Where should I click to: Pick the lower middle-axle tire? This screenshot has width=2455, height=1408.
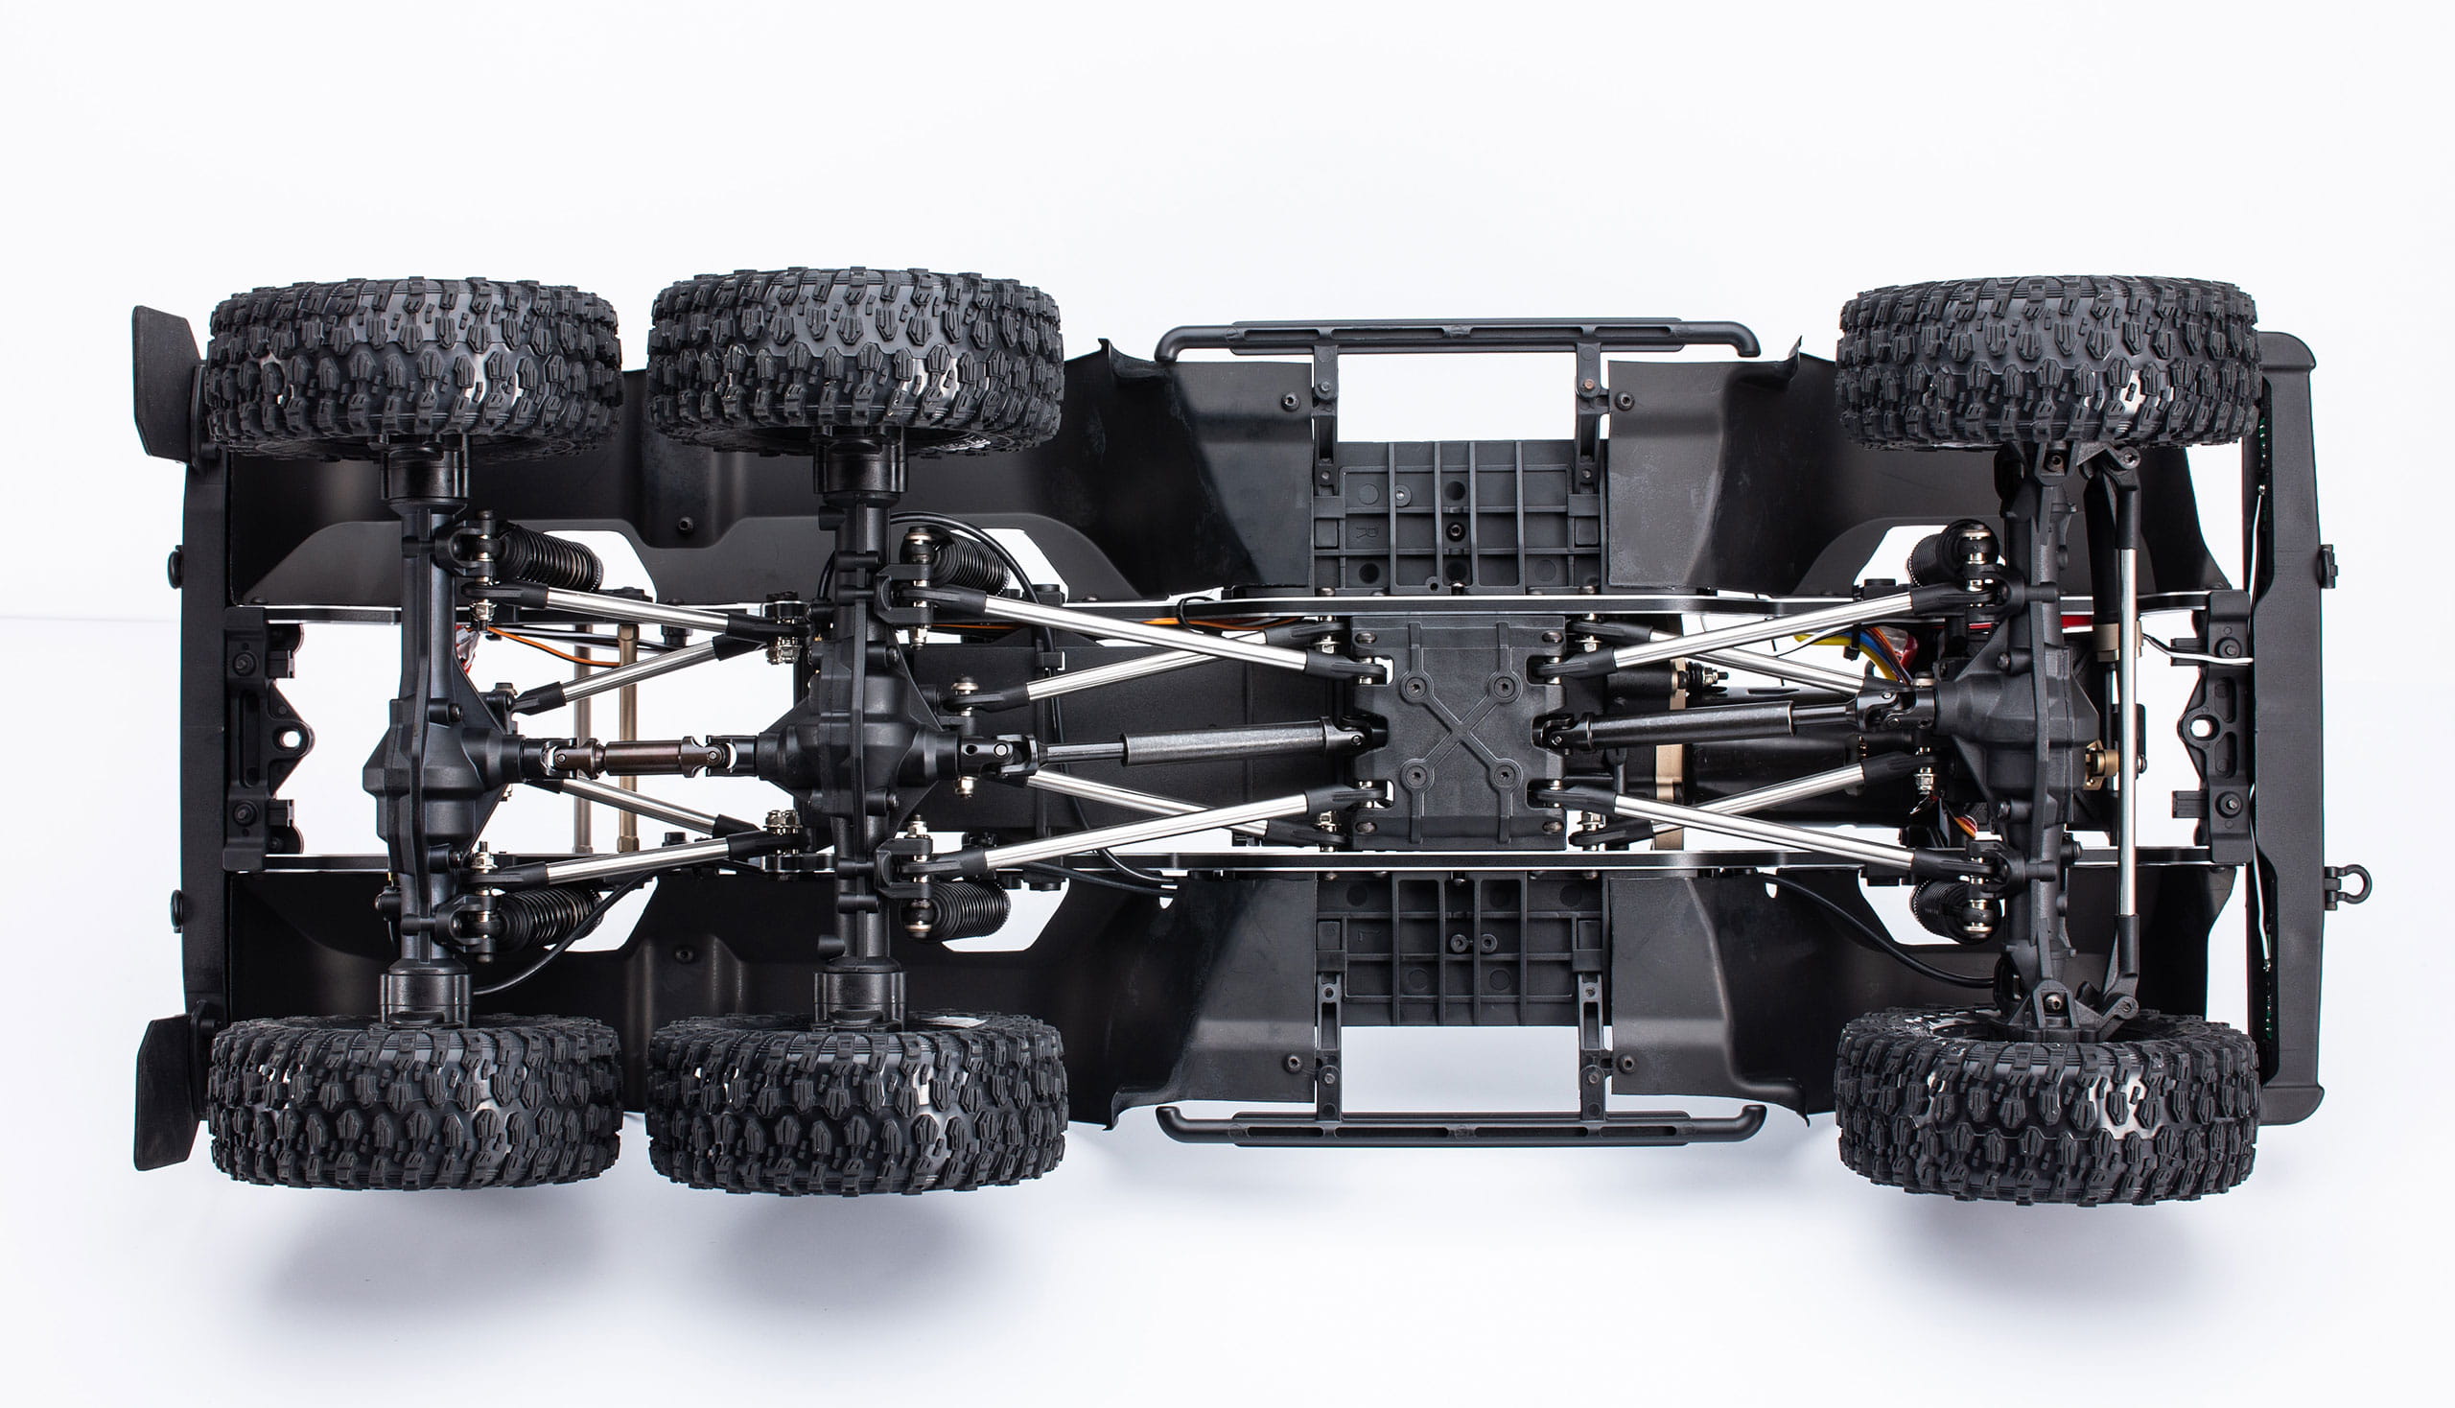pos(855,1102)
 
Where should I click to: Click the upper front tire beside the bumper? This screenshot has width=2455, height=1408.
pos(2048,362)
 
